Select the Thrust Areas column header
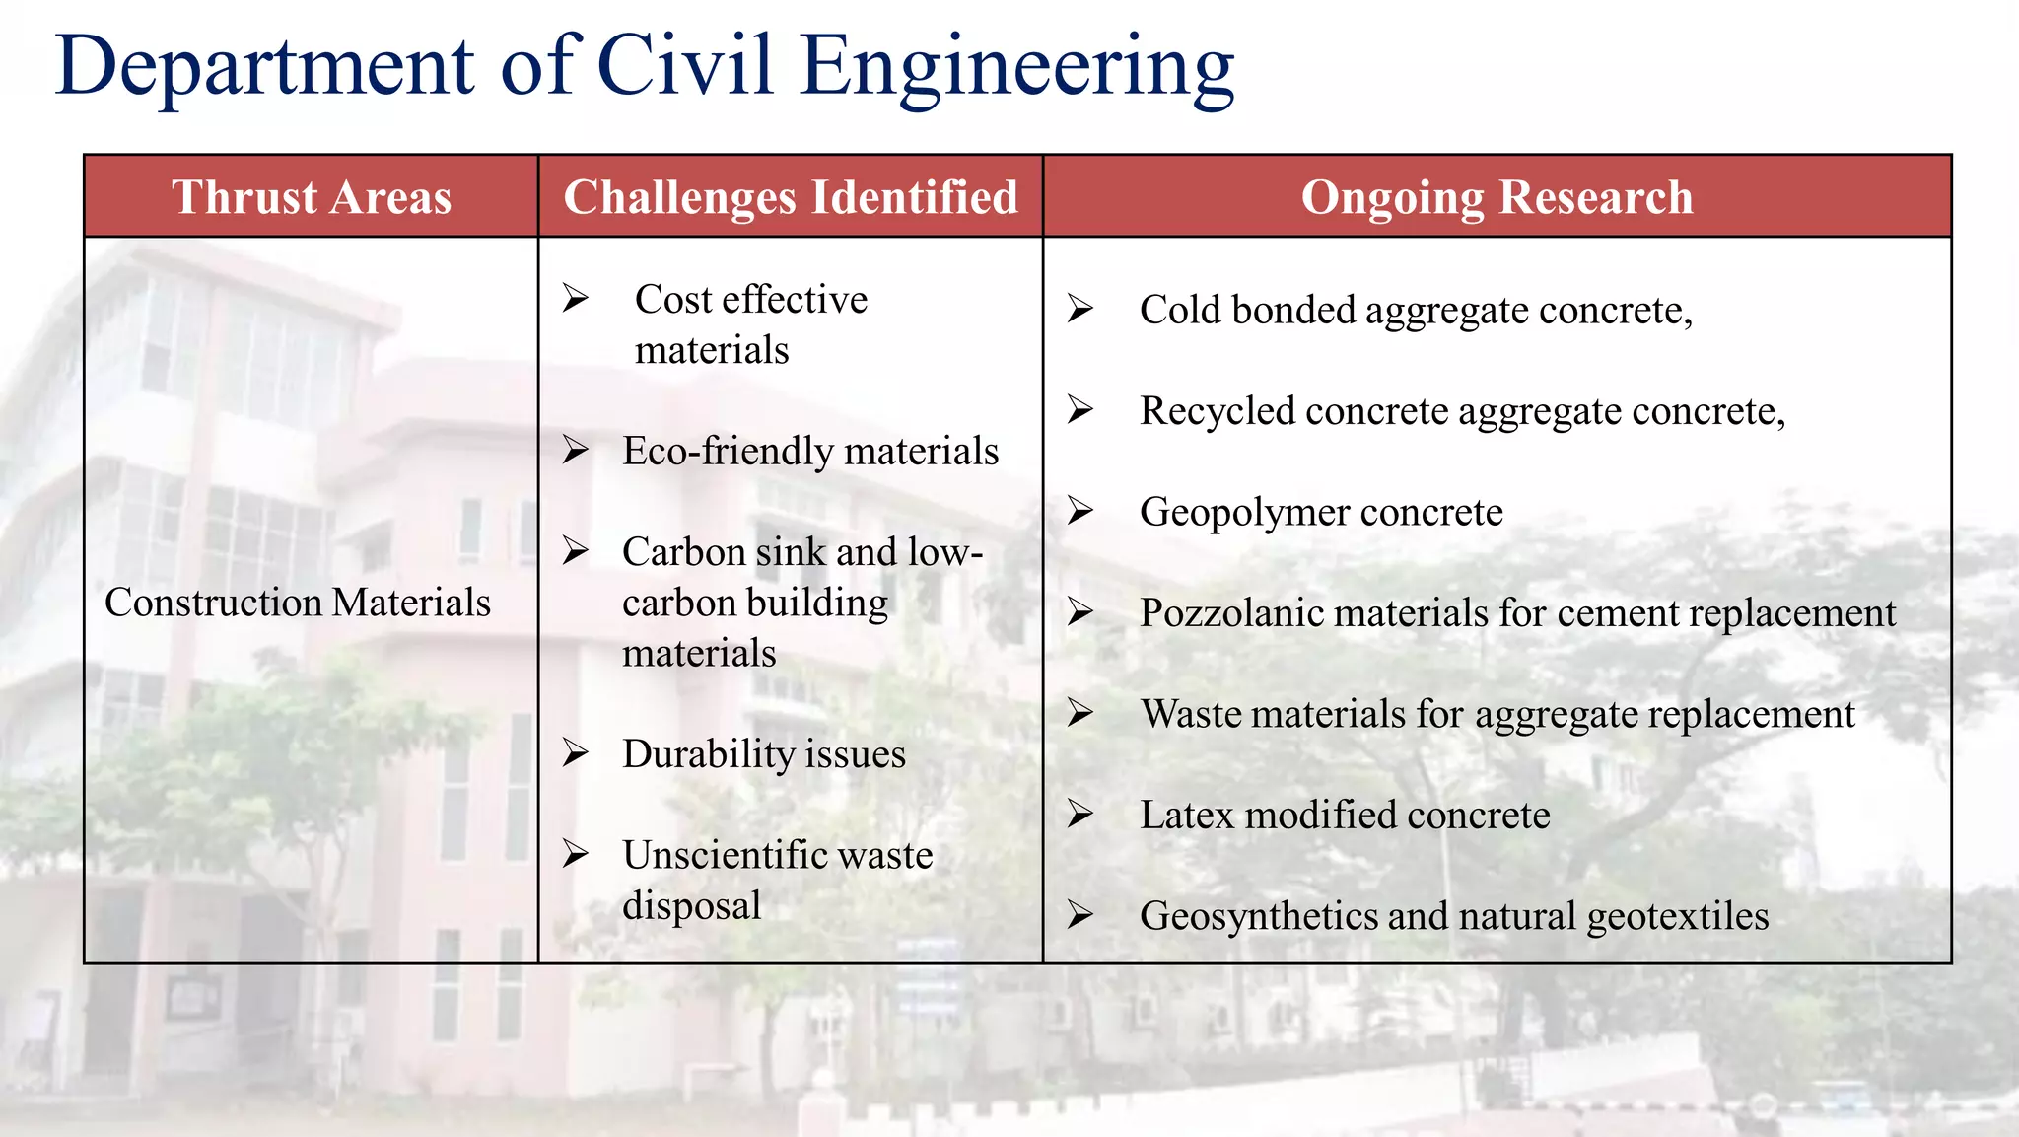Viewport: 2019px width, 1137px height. pos(312,197)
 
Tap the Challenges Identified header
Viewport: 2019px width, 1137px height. pos(791,197)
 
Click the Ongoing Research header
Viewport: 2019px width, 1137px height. pos(1497,197)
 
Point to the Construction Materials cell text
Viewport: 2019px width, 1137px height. pos(298,603)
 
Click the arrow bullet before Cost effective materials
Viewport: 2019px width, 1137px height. pos(576,298)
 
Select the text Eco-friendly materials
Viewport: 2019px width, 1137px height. pos(810,452)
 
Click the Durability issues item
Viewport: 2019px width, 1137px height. pos(764,754)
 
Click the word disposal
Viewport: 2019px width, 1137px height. pos(691,906)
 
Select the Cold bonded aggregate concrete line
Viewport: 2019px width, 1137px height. pos(1416,311)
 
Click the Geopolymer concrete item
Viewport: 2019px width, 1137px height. pos(1321,513)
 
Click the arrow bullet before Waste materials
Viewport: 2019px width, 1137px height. pos(1080,713)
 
